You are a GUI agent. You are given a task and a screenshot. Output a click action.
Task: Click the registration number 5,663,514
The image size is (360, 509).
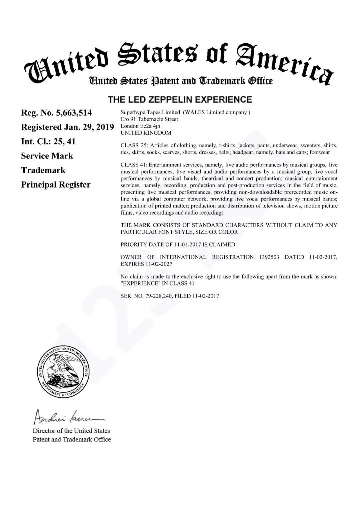click(x=74, y=113)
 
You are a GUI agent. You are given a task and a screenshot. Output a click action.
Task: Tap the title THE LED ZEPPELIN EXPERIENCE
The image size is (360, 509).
click(x=180, y=100)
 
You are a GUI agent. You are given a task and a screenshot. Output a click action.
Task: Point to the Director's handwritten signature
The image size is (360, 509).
click(x=68, y=416)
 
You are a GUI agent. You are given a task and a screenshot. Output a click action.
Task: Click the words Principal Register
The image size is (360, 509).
click(x=56, y=185)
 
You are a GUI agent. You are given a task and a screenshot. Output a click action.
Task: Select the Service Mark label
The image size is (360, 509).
click(x=47, y=156)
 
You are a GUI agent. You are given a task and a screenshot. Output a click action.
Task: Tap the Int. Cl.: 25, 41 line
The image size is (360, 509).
click(x=48, y=142)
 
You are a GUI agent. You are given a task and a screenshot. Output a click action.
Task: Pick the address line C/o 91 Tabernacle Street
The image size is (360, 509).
click(x=149, y=119)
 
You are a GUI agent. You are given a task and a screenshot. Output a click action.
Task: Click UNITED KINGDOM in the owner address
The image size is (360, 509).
click(x=146, y=133)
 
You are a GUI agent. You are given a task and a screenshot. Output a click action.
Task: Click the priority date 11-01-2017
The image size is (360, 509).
click(x=188, y=245)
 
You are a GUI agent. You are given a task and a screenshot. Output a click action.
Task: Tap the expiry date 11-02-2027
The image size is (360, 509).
click(x=159, y=264)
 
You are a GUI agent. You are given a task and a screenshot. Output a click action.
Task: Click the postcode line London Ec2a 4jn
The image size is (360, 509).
click(x=140, y=126)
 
